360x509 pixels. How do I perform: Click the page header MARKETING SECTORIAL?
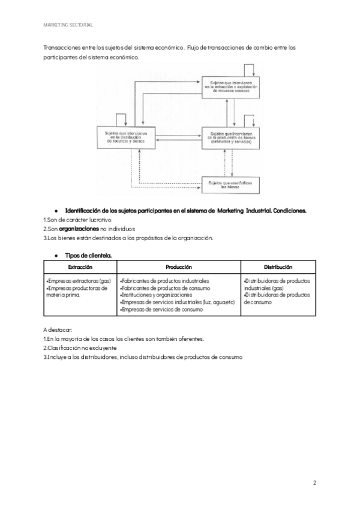pyautogui.click(x=68, y=25)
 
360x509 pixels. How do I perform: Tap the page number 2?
pyautogui.click(x=314, y=482)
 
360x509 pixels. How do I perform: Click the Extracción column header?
pyautogui.click(x=80, y=266)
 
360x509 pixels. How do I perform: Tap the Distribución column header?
pyautogui.click(x=278, y=266)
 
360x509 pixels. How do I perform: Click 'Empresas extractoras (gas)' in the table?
pyautogui.click(x=79, y=280)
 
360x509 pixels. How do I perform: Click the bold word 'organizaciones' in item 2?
pyautogui.click(x=79, y=229)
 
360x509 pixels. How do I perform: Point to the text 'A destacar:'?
pyautogui.click(x=58, y=330)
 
